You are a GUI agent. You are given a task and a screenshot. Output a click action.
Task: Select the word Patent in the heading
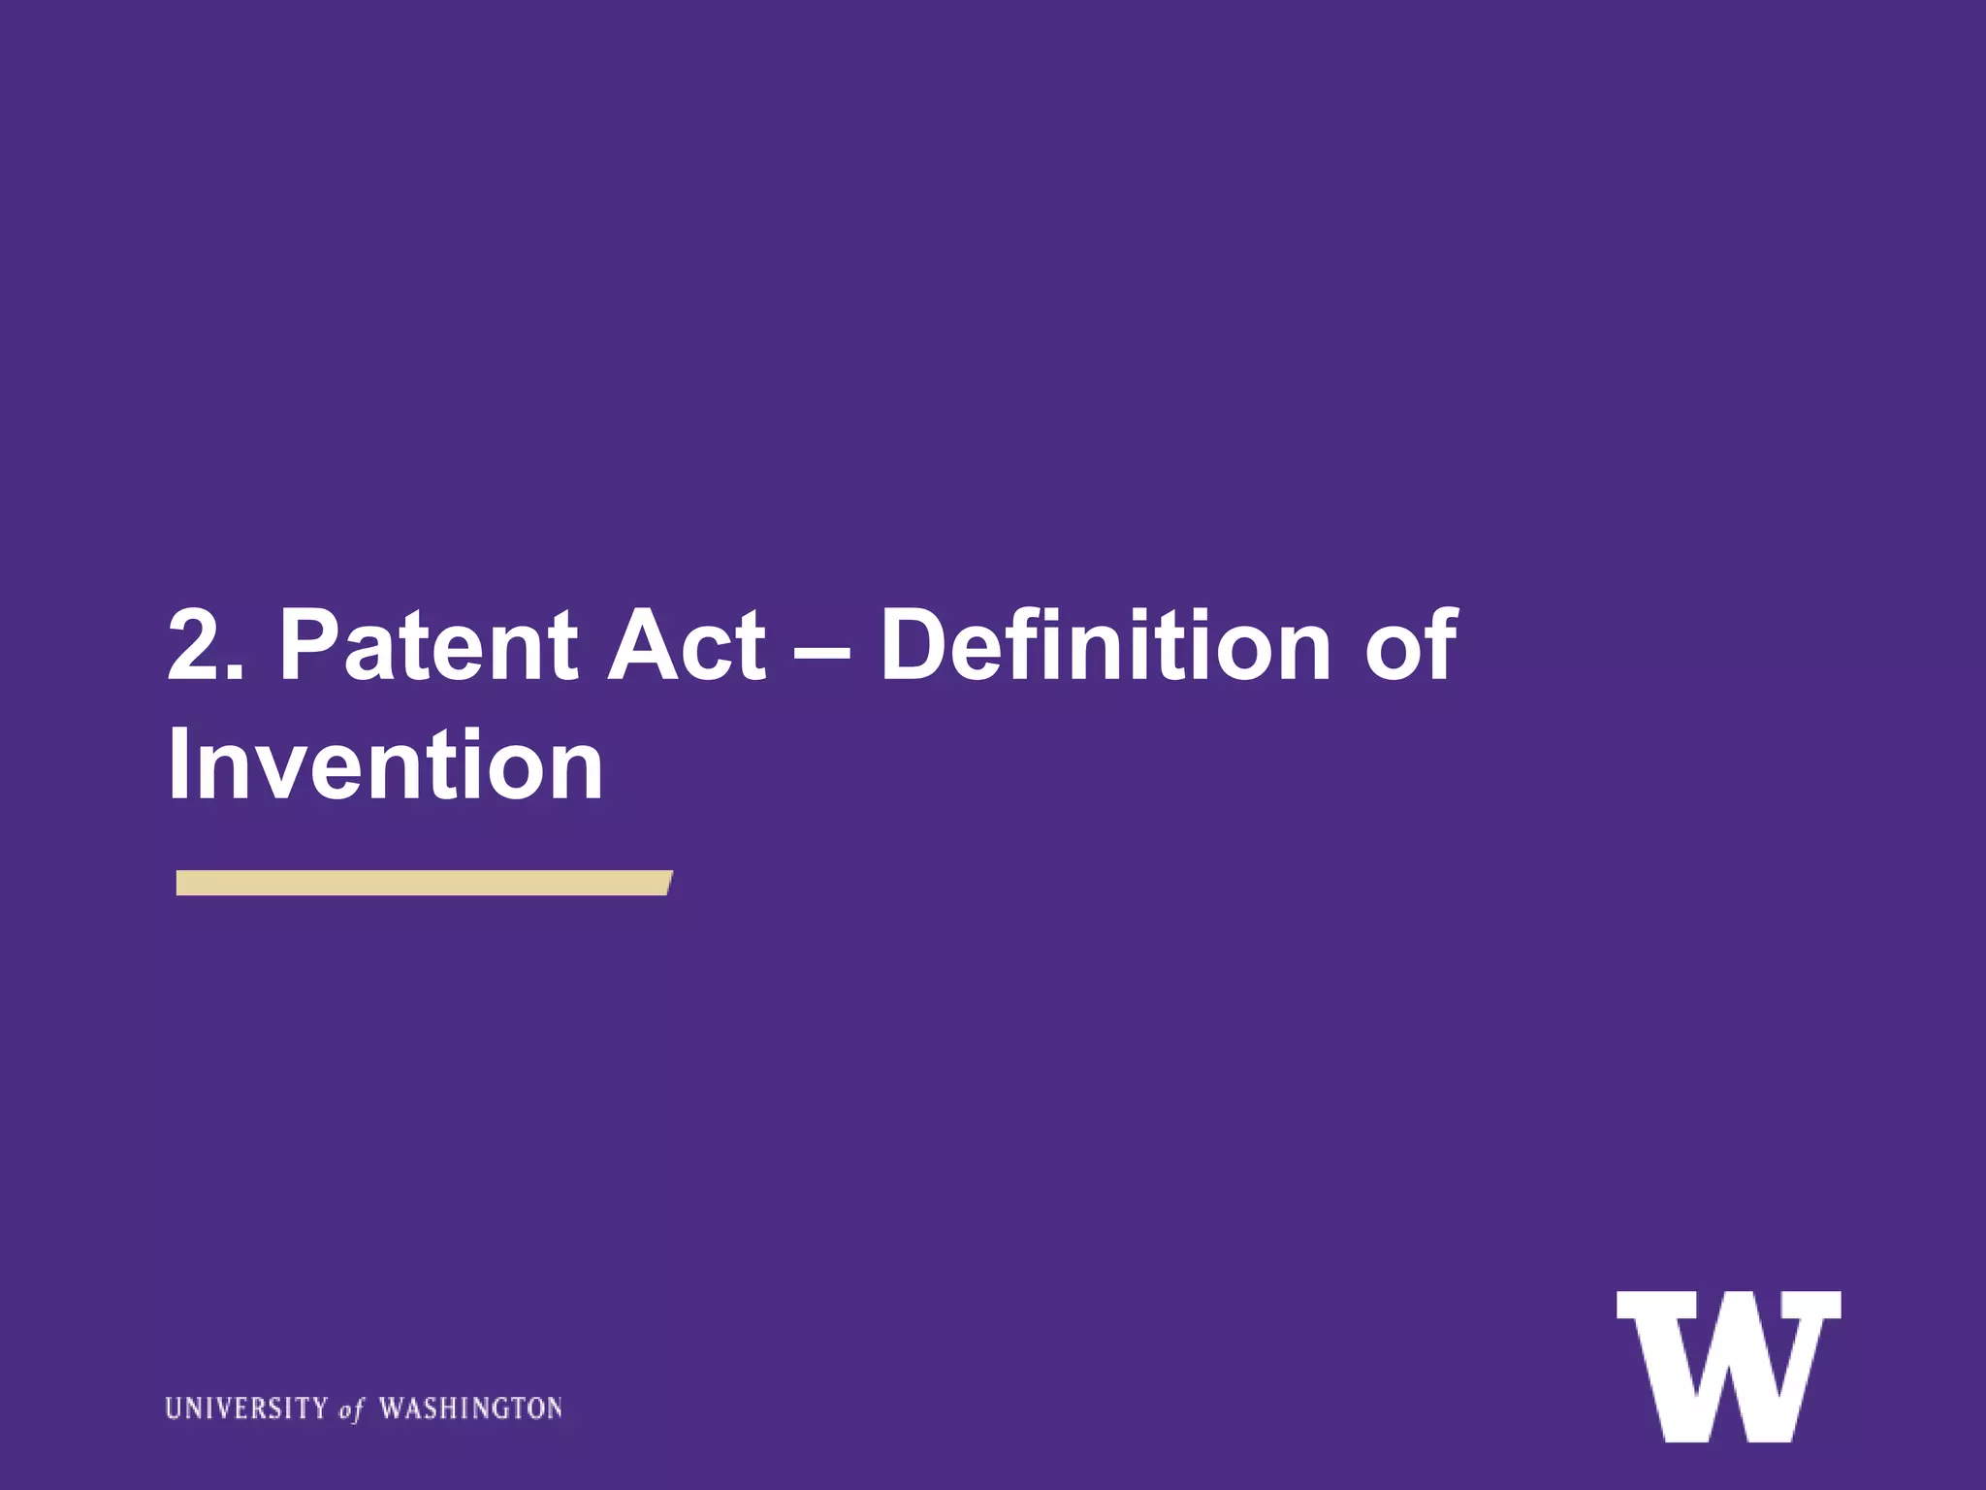(428, 645)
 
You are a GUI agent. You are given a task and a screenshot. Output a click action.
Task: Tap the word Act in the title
(686, 645)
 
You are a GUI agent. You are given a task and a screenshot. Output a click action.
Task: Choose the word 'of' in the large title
(1411, 645)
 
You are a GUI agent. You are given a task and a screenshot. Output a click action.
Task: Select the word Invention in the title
(385, 765)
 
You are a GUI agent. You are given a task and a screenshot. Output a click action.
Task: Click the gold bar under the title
(423, 883)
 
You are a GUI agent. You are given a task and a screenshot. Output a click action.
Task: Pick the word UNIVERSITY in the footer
(246, 1408)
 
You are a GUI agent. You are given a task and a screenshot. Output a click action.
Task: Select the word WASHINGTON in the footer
(470, 1408)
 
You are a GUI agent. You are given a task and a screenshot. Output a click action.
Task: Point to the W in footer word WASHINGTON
(391, 1408)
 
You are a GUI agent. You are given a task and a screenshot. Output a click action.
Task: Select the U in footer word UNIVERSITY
(174, 1408)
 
